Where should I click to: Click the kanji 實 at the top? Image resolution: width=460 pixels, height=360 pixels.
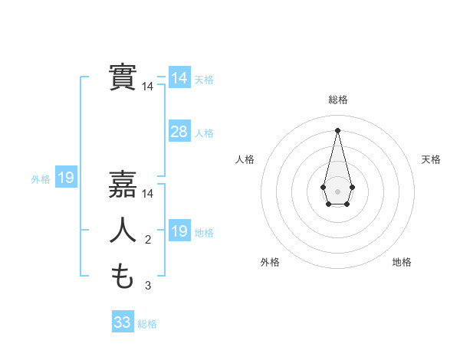pos(123,77)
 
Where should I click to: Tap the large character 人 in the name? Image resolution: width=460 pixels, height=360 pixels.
pos(123,231)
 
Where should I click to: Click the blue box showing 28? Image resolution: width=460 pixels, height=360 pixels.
pos(179,132)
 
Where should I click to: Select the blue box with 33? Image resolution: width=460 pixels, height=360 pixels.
pos(123,322)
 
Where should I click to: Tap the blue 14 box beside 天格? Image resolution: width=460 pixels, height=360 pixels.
pos(179,78)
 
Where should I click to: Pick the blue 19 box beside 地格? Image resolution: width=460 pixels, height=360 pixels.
pos(179,231)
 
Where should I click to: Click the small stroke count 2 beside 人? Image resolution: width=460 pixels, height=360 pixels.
pos(147,241)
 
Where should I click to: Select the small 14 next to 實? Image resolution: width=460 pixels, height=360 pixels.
pos(147,87)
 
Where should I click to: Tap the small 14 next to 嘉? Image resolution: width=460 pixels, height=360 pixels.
pos(147,195)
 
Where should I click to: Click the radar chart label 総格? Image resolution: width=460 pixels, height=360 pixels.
pos(337,100)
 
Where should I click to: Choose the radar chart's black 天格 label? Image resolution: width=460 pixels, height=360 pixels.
pos(431,159)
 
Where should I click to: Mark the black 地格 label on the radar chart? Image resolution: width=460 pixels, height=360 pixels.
pos(402,262)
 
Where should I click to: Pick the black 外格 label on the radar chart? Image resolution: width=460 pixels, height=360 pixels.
pos(270,262)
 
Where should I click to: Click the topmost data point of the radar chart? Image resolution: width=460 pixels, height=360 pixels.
pos(337,129)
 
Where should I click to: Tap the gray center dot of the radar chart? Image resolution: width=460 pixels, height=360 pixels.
pos(337,190)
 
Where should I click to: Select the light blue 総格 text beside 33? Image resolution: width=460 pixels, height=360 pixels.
pos(147,324)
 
